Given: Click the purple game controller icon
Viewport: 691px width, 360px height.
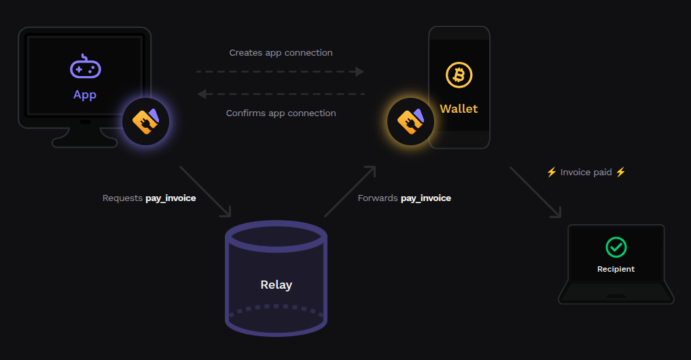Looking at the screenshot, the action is (85, 68).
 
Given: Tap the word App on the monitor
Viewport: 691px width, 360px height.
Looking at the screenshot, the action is (85, 95).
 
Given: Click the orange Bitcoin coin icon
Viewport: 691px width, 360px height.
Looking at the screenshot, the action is (459, 75).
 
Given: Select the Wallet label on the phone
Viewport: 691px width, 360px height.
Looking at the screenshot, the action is (459, 109).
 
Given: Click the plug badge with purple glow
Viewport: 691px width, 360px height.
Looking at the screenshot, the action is (145, 122).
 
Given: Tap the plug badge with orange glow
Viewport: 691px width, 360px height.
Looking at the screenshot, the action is (410, 122).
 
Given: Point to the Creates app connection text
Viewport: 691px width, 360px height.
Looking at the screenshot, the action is (281, 52).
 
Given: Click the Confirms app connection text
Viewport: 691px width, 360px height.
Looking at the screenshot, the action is (281, 113).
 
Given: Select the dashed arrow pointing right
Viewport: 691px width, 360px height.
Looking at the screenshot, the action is (280, 71).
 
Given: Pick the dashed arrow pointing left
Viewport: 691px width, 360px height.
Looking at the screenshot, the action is (280, 94).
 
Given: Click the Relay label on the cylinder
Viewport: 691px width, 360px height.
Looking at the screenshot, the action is (276, 285).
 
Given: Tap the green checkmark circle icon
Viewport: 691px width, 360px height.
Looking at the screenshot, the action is (616, 247).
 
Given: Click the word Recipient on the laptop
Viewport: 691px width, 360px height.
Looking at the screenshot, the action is (616, 269).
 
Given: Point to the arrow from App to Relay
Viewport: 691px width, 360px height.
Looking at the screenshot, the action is (205, 191).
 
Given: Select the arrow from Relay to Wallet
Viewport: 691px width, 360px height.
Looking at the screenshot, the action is (350, 191).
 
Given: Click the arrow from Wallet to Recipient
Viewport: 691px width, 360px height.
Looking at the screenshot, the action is (535, 192).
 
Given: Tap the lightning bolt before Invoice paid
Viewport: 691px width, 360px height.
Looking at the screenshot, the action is (552, 173).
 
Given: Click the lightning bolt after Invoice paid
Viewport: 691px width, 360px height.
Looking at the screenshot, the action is (620, 173).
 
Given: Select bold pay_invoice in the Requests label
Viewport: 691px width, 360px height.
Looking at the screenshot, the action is (171, 198).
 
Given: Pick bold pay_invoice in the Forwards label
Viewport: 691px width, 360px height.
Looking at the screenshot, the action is (426, 198).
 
